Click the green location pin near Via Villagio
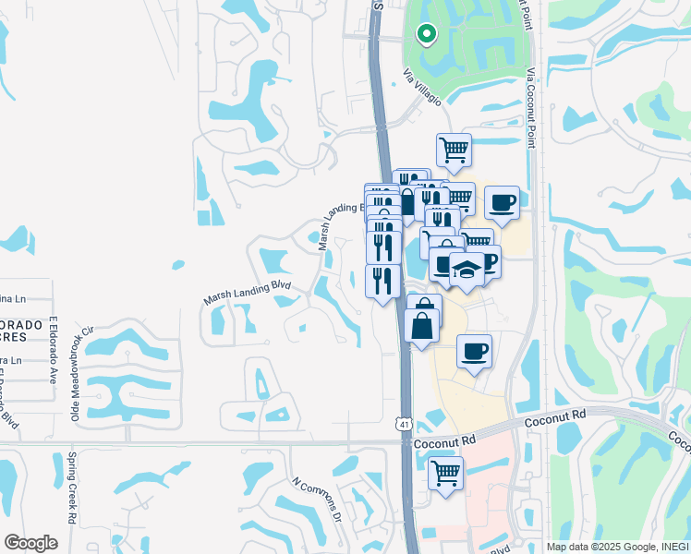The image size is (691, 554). click(426, 35)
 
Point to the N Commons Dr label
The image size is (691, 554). click(316, 499)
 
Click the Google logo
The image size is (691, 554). click(30, 543)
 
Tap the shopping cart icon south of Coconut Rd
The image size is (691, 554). click(446, 474)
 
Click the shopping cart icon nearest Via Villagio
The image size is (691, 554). click(454, 150)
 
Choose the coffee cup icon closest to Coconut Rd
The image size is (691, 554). click(474, 351)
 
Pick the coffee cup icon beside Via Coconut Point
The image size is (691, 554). click(502, 202)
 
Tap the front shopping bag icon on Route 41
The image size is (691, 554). click(421, 327)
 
